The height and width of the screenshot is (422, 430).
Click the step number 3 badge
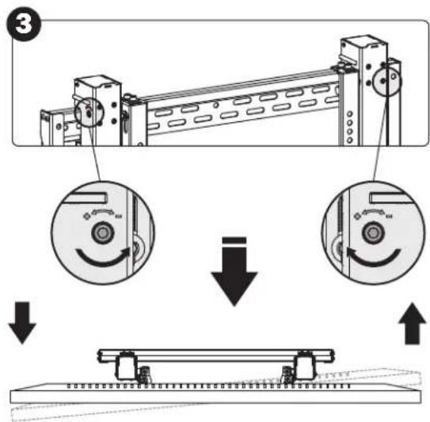pyautogui.click(x=24, y=25)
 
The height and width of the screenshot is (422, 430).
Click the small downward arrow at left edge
pyautogui.click(x=22, y=323)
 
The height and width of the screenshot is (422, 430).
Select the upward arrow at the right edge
pyautogui.click(x=412, y=324)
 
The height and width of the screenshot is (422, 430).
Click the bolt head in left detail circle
pyautogui.click(x=103, y=233)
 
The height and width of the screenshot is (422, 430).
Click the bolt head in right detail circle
pyautogui.click(x=373, y=233)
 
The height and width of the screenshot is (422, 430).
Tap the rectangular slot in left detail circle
pyautogui.click(x=86, y=198)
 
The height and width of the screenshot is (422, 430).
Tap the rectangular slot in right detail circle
pyautogui.click(x=390, y=198)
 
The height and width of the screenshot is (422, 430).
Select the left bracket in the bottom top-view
pyautogui.click(x=127, y=366)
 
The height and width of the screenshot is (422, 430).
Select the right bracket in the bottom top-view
pyautogui.click(x=304, y=366)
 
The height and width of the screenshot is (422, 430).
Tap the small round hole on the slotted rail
pyautogui.click(x=216, y=105)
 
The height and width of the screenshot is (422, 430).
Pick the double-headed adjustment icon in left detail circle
pyautogui.click(x=103, y=214)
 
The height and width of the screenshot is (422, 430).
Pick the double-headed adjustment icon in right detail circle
pyautogui.click(x=373, y=214)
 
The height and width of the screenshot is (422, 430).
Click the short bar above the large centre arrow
pyautogui.click(x=234, y=240)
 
